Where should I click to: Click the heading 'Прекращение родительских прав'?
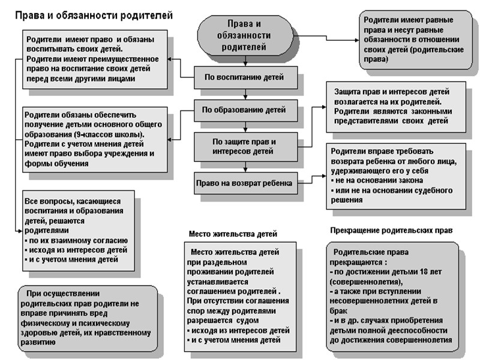pos(391,230)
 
